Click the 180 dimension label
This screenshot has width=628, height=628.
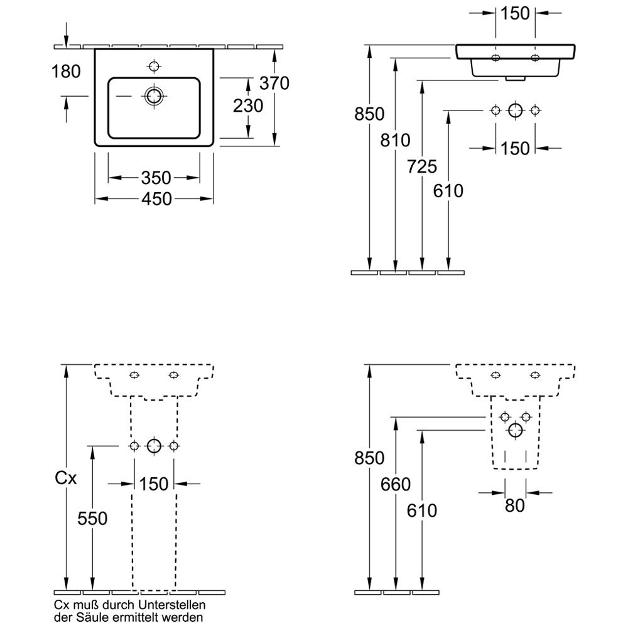pyautogui.click(x=66, y=72)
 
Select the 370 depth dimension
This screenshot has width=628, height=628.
pyautogui.click(x=275, y=82)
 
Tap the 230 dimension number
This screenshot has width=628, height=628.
pyautogui.click(x=248, y=106)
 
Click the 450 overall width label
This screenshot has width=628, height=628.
pyautogui.click(x=156, y=199)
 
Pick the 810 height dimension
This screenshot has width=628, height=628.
pyautogui.click(x=395, y=140)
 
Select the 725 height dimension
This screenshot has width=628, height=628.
pyautogui.click(x=422, y=166)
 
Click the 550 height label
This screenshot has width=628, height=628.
pyautogui.click(x=92, y=518)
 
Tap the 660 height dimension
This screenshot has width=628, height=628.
pyautogui.click(x=395, y=484)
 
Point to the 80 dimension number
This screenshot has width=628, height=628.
pyautogui.click(x=515, y=505)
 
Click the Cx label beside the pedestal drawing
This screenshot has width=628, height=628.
pyautogui.click(x=65, y=479)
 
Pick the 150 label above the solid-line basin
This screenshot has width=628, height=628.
pyautogui.click(x=516, y=13)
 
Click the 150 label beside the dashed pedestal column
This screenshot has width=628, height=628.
pyautogui.click(x=154, y=484)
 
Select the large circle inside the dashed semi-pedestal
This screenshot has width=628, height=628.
pyautogui.click(x=516, y=430)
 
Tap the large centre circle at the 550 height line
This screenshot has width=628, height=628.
pyautogui.click(x=154, y=446)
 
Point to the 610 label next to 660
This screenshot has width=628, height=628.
pyautogui.click(x=422, y=511)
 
